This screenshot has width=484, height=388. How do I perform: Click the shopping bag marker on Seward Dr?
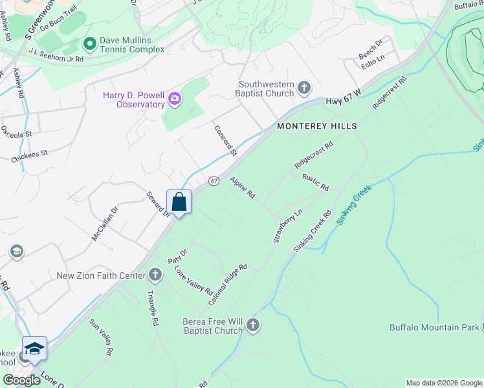click(x=179, y=201)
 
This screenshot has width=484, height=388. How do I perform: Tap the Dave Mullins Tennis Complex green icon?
click(x=90, y=45)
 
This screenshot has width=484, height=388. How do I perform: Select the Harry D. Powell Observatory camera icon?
click(x=174, y=99)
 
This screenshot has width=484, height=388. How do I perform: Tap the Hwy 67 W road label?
click(x=341, y=94)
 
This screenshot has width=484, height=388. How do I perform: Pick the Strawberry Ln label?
click(x=287, y=226)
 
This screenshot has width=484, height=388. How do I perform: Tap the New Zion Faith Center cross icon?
click(x=155, y=275)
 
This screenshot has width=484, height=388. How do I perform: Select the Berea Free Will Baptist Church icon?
click(x=252, y=325)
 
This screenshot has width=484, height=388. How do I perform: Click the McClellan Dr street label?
click(x=105, y=224)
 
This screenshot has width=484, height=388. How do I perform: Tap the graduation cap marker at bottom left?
click(x=34, y=350)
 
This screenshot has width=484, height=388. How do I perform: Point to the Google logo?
click(x=21, y=380)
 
